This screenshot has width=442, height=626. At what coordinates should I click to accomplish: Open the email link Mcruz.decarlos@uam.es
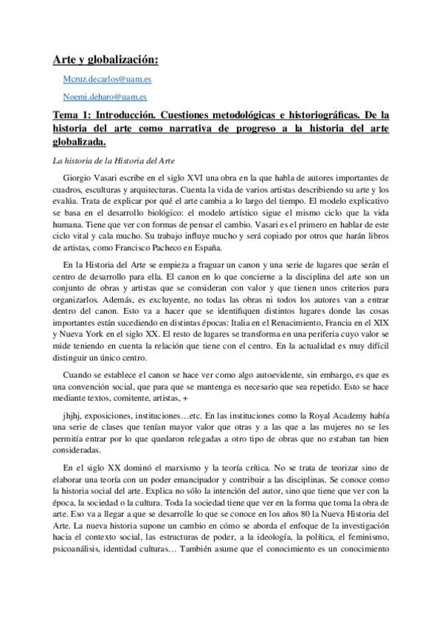point(106,78)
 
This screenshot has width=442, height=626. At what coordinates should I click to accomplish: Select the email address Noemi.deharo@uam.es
point(106,96)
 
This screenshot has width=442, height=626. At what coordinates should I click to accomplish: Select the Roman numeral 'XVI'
point(194,178)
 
